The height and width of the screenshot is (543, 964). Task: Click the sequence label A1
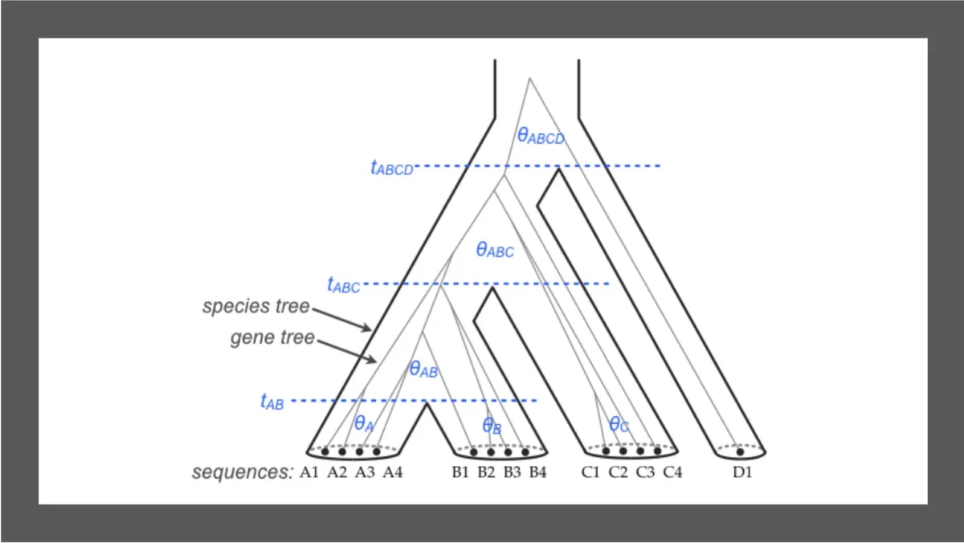(x=310, y=472)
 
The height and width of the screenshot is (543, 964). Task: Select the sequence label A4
(x=392, y=472)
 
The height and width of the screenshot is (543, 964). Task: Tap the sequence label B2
(x=486, y=472)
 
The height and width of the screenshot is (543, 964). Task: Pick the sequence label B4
(x=537, y=472)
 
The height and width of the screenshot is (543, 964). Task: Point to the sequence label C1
(x=590, y=472)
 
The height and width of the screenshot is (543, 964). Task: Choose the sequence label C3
(x=645, y=472)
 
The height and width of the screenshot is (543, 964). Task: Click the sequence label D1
(x=741, y=472)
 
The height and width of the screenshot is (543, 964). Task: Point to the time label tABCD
(x=391, y=167)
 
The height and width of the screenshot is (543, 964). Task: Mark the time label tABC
(x=344, y=284)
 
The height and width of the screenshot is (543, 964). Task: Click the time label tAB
(x=272, y=402)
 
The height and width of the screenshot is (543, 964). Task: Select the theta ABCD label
(x=541, y=137)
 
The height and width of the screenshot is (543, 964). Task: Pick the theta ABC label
(x=495, y=250)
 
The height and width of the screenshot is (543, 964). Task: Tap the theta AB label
(x=423, y=369)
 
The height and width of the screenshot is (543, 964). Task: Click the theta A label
(x=365, y=423)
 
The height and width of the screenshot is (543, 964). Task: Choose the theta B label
(x=492, y=426)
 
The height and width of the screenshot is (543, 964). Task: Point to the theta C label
(x=619, y=424)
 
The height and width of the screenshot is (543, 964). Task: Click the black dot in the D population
(x=740, y=451)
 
